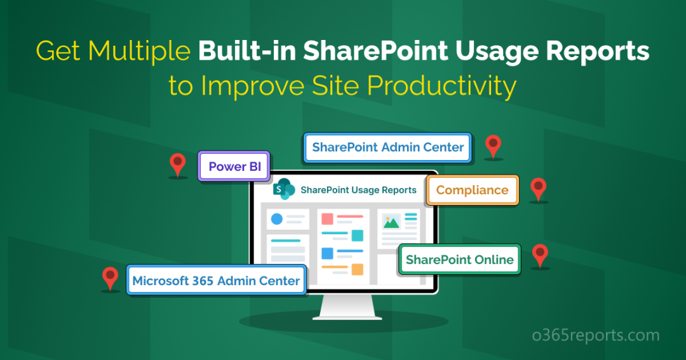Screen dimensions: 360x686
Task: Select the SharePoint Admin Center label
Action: pos(387,148)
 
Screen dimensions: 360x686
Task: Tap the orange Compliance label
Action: pos(472,190)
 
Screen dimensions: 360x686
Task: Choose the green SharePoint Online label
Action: pos(459,260)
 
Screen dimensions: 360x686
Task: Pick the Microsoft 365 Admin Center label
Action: pos(216,281)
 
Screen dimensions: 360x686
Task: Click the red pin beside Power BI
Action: pos(178,164)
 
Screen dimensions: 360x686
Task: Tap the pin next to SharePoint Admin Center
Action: pos(494,145)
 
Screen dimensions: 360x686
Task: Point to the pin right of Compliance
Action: pos(539,189)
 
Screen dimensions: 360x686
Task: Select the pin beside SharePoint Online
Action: pos(540,255)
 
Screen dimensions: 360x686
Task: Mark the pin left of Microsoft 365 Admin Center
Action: pos(111,277)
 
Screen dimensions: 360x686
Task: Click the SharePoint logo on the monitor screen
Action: pos(283,189)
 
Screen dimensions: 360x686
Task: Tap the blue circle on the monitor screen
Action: pos(277,219)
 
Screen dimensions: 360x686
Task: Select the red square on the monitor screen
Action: pos(327,219)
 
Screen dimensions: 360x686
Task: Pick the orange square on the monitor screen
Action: pos(357,269)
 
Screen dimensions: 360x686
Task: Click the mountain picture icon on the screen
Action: pos(391,221)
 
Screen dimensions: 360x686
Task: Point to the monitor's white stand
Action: pos(343,308)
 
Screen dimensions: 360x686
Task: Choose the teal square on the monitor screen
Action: pos(357,236)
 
